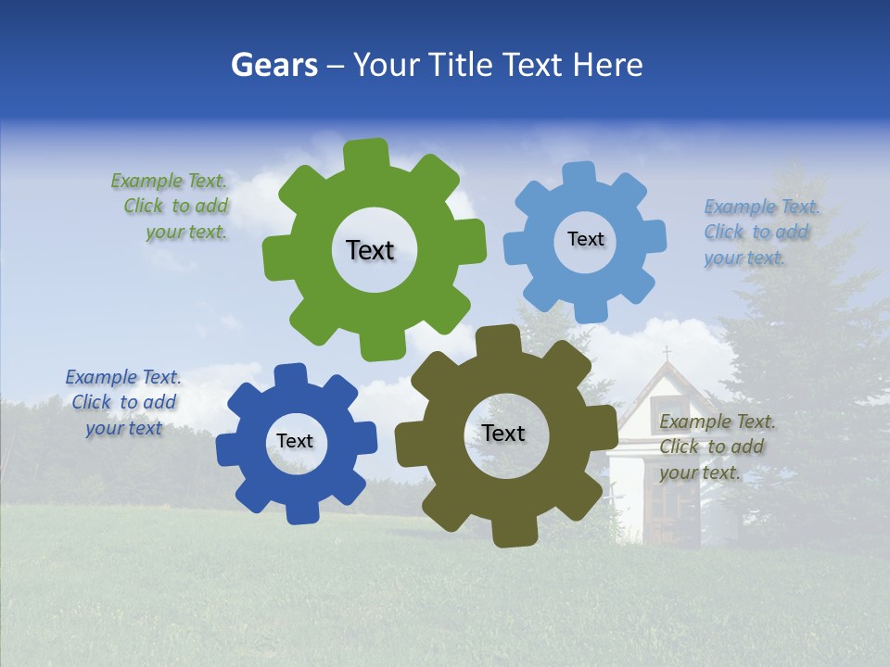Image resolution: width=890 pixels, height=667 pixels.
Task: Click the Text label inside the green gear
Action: [370, 250]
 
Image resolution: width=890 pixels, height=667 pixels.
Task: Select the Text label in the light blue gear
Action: [585, 239]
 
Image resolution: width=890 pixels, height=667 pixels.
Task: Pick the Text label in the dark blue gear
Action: [295, 441]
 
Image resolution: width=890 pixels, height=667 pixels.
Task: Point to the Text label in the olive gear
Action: [503, 433]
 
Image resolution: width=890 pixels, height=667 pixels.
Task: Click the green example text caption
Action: [171, 207]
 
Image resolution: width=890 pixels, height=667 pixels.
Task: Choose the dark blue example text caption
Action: [123, 402]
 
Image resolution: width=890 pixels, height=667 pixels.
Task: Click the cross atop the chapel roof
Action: [666, 353]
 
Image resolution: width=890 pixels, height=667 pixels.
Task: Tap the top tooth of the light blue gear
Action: [578, 173]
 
